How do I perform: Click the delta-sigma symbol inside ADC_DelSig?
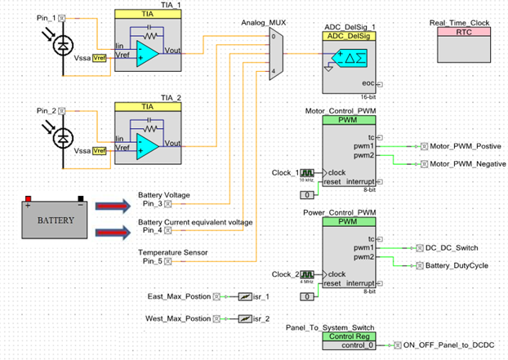tap(351, 57)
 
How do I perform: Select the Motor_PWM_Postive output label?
tap(466, 146)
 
